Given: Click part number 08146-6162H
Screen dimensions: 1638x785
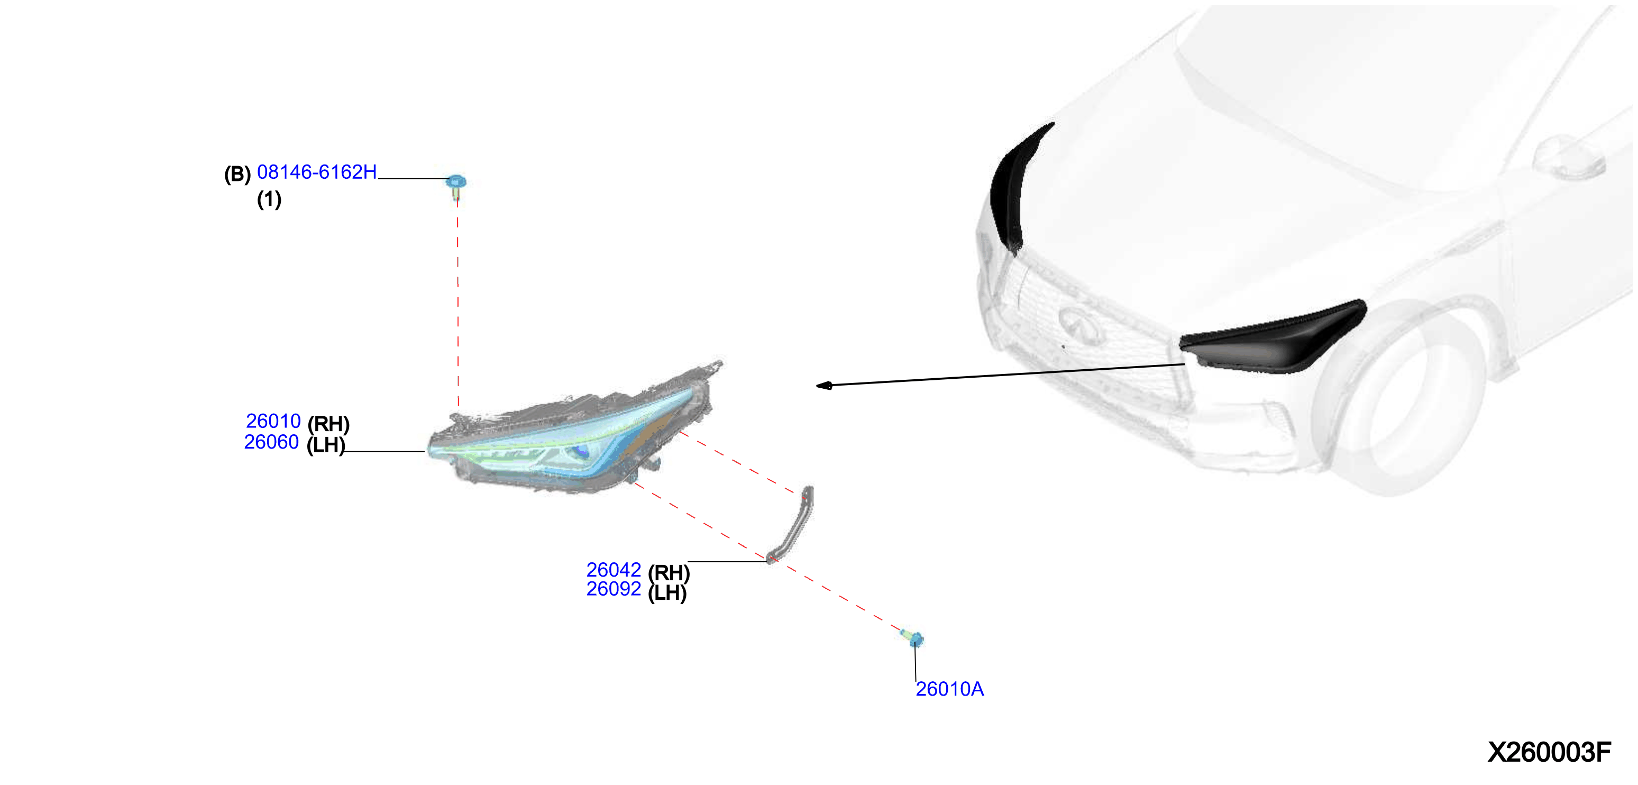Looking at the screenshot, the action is pos(317,172).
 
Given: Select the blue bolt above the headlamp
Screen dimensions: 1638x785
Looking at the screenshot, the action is pos(455,186).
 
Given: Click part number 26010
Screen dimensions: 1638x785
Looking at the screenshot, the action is pos(273,421).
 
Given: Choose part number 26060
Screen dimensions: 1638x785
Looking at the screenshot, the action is pos(271,442).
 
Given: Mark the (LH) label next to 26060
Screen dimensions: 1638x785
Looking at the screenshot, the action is pos(326,445).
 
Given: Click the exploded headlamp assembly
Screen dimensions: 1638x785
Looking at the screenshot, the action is pos(572,433).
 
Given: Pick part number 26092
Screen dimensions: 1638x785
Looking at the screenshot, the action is pos(614,589).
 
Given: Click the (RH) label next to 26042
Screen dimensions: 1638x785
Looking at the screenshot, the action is pos(669,572).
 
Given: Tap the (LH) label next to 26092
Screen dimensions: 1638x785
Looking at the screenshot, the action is pos(667,593).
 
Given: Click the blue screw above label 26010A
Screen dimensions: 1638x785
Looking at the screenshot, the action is pos(913,637).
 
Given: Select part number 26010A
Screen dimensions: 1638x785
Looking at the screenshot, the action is pos(949,689).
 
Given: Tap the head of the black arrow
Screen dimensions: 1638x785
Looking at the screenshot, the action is pos(824,386).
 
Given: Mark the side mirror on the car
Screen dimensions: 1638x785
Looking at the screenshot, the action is pos(1568,159).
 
